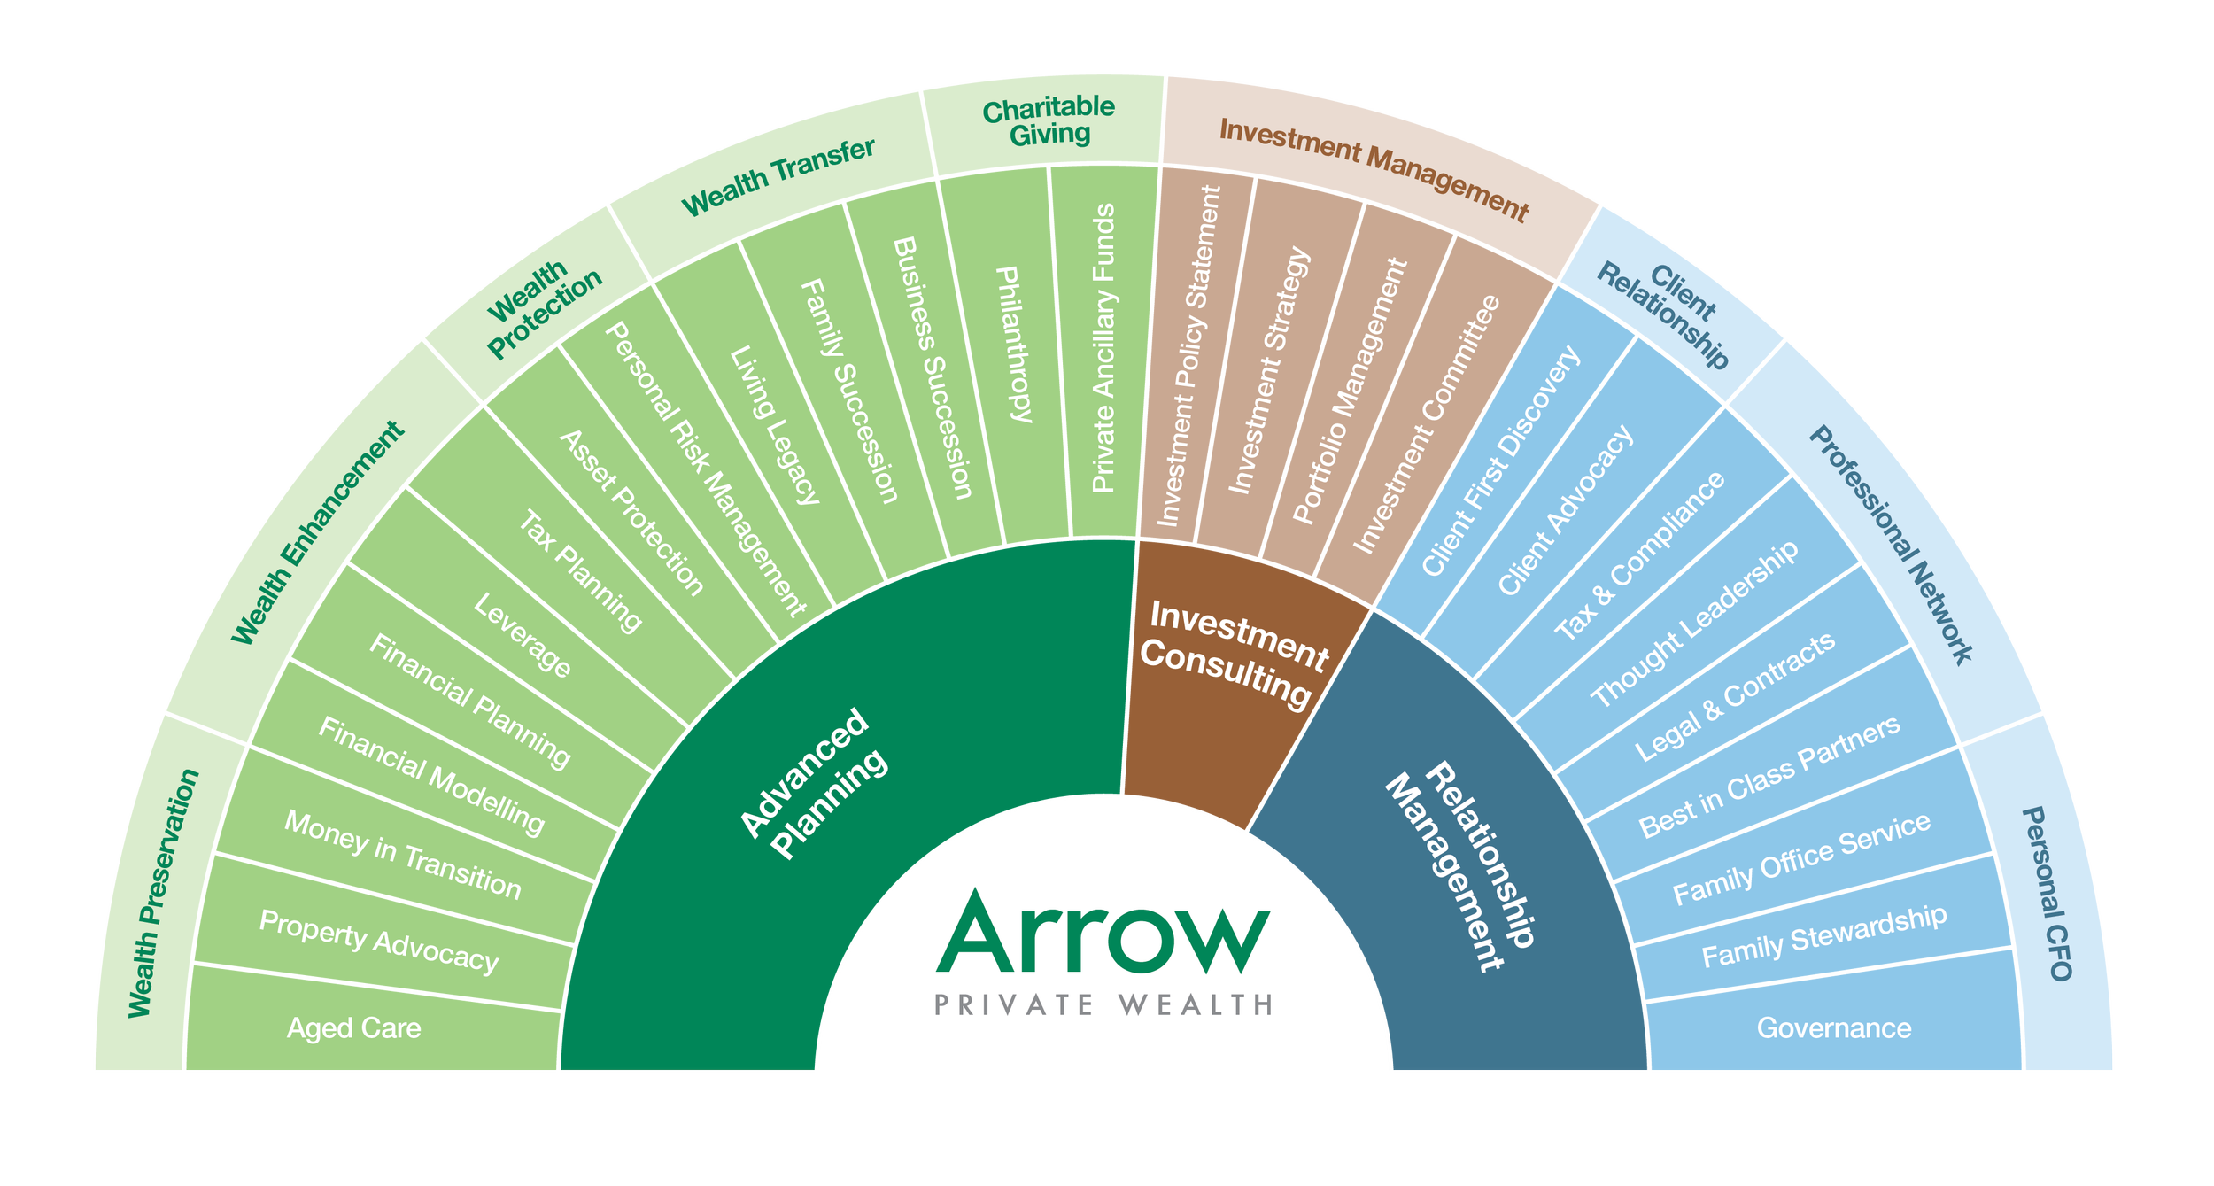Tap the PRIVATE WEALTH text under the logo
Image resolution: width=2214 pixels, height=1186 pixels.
click(x=1103, y=1004)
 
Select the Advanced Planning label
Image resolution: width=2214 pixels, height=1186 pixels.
click(x=813, y=783)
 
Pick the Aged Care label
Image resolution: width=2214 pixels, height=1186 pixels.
click(x=353, y=1028)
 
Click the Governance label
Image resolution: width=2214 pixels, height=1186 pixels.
click(x=1834, y=1028)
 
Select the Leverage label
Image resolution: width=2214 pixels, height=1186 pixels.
click(x=523, y=636)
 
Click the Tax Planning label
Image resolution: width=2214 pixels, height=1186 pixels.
click(x=579, y=571)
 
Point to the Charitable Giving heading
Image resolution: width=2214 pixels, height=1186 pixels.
click(x=1049, y=121)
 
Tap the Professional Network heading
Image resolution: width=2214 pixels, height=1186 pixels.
click(x=1891, y=546)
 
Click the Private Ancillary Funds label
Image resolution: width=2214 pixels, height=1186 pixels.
click(x=1103, y=348)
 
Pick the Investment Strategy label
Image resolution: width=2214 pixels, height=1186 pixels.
click(x=1269, y=370)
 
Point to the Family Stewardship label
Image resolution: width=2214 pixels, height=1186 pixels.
click(x=1824, y=936)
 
